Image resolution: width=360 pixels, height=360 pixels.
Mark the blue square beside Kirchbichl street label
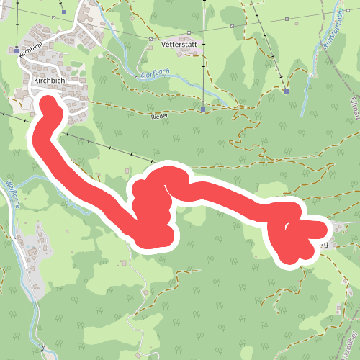point(16,50)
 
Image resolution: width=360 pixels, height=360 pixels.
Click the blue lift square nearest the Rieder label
point(204,110)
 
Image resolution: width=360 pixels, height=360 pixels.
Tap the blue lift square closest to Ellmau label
point(286,91)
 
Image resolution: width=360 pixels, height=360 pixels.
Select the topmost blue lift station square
point(64,12)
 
